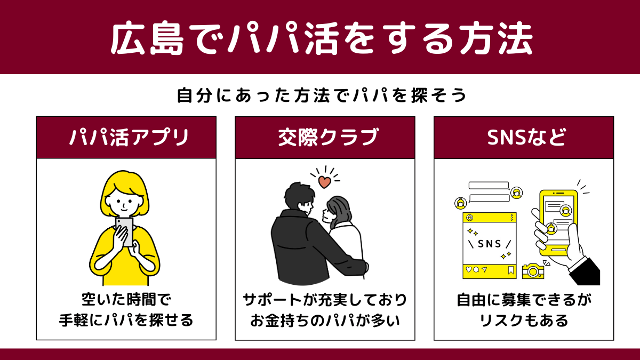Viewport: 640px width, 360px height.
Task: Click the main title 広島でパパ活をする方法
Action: point(322,38)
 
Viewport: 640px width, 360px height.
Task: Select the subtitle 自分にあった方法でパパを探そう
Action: point(322,95)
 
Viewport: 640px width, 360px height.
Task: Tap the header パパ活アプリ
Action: point(129,138)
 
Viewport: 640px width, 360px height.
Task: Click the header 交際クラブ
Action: point(329,138)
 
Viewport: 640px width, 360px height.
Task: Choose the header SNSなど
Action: point(526,137)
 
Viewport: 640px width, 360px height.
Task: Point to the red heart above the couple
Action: point(325,182)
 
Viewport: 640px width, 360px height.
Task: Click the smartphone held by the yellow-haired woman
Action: point(125,232)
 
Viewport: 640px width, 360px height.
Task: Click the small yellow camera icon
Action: point(533,271)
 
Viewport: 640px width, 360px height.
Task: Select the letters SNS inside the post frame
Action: point(490,244)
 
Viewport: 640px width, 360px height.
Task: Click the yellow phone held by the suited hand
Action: point(558,223)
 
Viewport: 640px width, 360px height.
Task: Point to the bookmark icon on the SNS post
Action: point(511,270)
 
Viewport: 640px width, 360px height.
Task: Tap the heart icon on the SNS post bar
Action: point(469,269)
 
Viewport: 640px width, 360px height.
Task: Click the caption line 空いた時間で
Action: point(126,299)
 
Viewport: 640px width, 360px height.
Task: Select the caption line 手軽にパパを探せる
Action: point(126,320)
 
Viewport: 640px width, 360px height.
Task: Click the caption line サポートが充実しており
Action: point(325,300)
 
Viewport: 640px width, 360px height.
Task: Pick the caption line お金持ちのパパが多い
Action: point(325,321)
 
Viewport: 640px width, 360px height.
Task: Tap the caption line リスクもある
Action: point(524,321)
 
